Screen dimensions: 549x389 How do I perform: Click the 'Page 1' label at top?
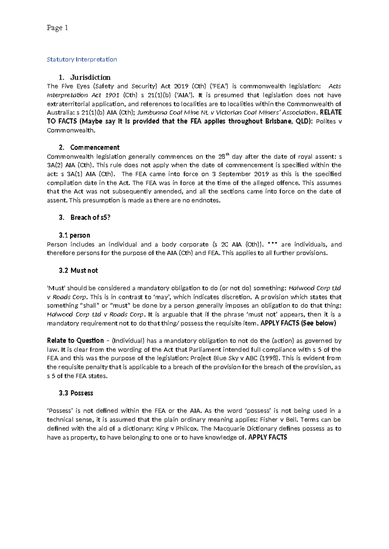[x=57, y=28]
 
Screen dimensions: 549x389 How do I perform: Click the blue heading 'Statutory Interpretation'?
[x=82, y=59]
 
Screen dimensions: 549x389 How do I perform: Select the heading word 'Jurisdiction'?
[x=90, y=77]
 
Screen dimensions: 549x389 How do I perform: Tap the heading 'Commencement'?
[x=95, y=148]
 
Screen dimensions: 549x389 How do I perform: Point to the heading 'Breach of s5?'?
[x=90, y=218]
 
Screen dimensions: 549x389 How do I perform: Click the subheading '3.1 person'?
[x=75, y=235]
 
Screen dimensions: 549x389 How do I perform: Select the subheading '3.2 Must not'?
[x=78, y=271]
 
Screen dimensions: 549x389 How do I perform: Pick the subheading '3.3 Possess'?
[x=76, y=393]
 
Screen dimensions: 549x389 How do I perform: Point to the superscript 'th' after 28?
[x=227, y=154]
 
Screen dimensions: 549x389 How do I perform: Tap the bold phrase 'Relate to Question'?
[x=75, y=341]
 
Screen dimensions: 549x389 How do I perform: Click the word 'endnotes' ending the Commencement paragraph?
[x=206, y=200]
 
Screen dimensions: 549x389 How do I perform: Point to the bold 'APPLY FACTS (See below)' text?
[x=298, y=323]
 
